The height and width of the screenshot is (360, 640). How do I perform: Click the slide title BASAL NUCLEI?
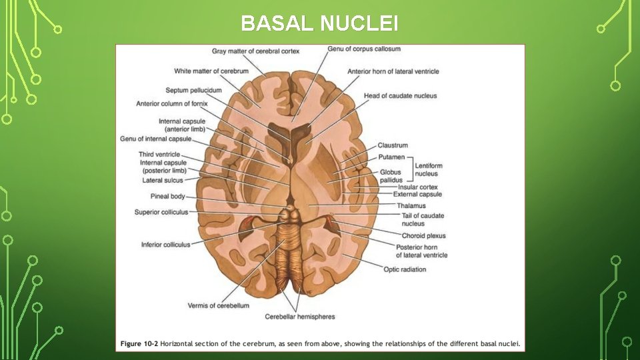319,24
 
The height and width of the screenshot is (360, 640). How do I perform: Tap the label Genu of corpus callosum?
364,49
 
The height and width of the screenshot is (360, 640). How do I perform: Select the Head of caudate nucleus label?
400,96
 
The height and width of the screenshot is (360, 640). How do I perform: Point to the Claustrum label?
393,145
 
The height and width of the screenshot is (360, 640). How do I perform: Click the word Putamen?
391,157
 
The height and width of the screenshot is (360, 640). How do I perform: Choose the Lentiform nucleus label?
428,169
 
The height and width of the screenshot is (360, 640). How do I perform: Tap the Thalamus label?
411,206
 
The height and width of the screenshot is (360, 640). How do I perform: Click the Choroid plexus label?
423,236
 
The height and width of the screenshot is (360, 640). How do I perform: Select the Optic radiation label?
405,269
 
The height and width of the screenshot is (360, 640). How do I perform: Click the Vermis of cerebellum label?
218,305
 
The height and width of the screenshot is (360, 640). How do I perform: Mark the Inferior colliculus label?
165,245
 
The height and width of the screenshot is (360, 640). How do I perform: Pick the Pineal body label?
167,197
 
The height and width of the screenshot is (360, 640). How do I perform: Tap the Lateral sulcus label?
162,181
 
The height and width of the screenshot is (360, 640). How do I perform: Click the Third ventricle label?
159,155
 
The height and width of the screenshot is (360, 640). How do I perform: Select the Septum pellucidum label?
193,91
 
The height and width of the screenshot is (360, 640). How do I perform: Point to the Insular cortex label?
417,187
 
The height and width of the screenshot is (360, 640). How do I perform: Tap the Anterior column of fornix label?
172,104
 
